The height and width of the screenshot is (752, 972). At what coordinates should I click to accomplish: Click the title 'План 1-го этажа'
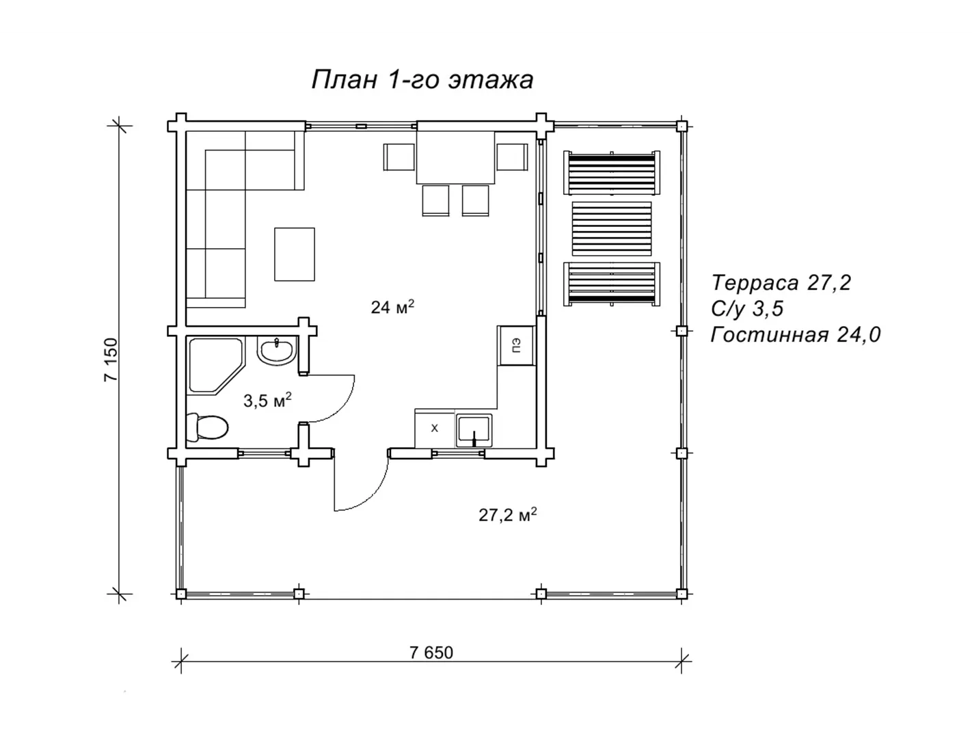coord(422,80)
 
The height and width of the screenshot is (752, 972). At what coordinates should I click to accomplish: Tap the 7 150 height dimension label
coord(111,360)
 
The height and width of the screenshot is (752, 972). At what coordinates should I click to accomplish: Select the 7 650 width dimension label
coord(431,653)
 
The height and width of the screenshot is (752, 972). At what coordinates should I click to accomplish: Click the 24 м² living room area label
coord(392,307)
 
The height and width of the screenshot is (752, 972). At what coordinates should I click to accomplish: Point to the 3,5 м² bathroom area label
coord(267,400)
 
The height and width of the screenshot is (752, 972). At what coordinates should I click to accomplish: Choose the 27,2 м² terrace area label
coord(508,515)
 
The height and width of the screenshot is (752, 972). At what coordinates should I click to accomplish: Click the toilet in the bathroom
coord(207,427)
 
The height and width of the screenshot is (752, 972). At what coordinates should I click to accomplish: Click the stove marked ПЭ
coord(517,345)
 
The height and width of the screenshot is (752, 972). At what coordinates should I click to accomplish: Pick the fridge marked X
coord(434,428)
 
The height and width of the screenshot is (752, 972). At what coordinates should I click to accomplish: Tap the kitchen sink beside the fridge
coord(474,431)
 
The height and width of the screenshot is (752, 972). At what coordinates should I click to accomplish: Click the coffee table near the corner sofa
coord(295,254)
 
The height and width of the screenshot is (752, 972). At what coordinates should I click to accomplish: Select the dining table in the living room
coord(455,157)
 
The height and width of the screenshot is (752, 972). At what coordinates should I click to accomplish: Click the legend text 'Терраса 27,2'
coord(781,283)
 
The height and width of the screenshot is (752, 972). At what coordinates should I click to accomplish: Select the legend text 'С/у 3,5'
coord(747,309)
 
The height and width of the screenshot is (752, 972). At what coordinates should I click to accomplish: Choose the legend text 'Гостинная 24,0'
coord(796,334)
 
